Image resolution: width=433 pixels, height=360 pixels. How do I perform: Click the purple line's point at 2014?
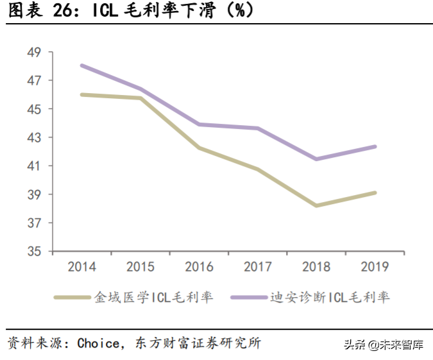click(x=81, y=65)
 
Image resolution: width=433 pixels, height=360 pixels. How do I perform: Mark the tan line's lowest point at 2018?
click(x=316, y=206)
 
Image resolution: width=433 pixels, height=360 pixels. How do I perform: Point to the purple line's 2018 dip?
click(x=316, y=159)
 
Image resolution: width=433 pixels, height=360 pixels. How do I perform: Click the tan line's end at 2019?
click(x=375, y=193)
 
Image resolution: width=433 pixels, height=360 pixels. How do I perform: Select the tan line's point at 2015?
click(x=140, y=98)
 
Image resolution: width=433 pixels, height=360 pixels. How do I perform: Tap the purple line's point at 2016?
click(x=199, y=124)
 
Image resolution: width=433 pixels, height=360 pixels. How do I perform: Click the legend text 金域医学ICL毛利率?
click(x=153, y=297)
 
